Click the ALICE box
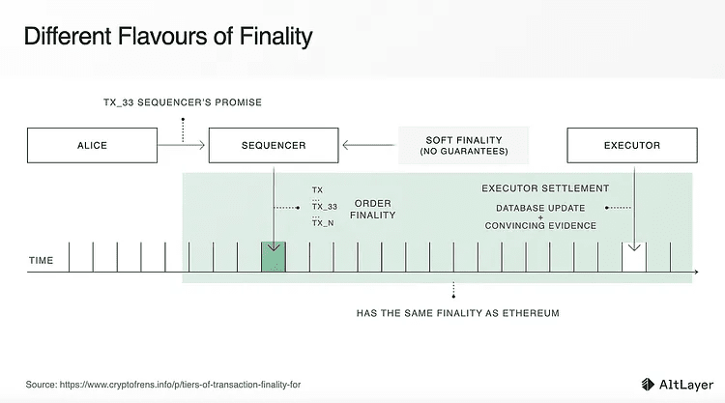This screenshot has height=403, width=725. click(x=92, y=145)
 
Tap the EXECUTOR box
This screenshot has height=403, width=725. click(x=631, y=145)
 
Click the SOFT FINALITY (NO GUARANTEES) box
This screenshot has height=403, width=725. click(x=463, y=145)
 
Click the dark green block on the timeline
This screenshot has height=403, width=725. click(x=275, y=257)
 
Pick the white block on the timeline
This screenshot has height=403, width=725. click(x=633, y=257)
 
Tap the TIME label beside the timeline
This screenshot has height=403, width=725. click(x=42, y=261)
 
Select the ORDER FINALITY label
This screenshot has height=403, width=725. click(x=372, y=211)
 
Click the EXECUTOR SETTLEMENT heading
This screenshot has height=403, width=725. click(x=544, y=187)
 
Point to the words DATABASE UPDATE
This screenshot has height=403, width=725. click(x=539, y=207)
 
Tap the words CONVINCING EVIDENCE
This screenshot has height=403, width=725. click(x=539, y=226)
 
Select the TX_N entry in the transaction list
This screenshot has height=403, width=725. click(x=323, y=223)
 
